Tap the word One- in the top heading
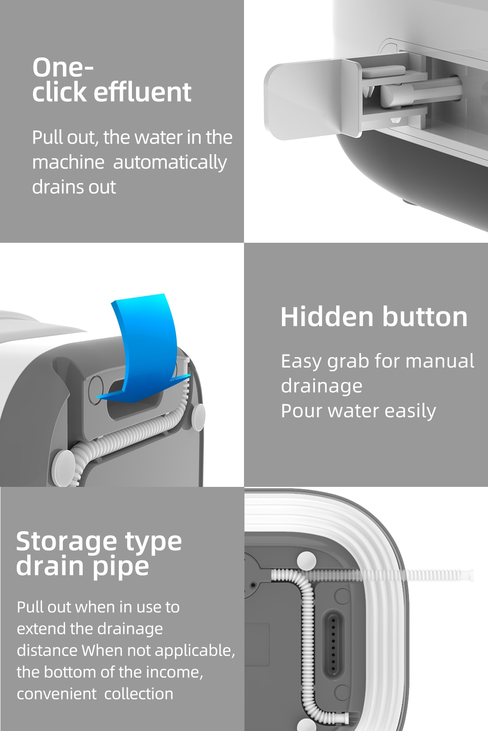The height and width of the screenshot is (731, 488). (x=63, y=67)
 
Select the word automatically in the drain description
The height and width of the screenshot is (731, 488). (x=169, y=162)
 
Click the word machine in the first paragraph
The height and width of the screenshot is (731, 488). (x=68, y=162)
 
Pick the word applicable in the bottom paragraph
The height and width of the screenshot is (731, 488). (x=194, y=651)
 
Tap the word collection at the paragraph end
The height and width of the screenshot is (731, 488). (x=139, y=694)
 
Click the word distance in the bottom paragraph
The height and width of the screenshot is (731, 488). (x=47, y=651)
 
